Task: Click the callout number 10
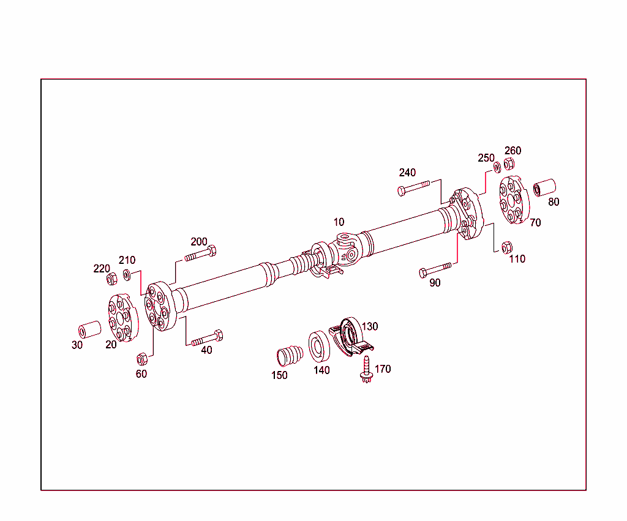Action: point(339,222)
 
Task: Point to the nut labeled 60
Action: point(141,359)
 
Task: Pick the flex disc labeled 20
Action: point(121,317)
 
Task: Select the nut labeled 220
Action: point(112,280)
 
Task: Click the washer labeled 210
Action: point(127,274)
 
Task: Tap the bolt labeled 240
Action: point(414,187)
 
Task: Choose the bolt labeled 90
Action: point(435,269)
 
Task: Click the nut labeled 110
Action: point(507,247)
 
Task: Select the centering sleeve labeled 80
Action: point(544,187)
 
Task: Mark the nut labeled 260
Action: point(509,164)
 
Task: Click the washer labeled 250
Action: point(497,167)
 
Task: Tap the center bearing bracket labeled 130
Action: point(350,336)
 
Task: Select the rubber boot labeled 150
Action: point(289,355)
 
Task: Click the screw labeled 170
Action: point(366,370)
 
